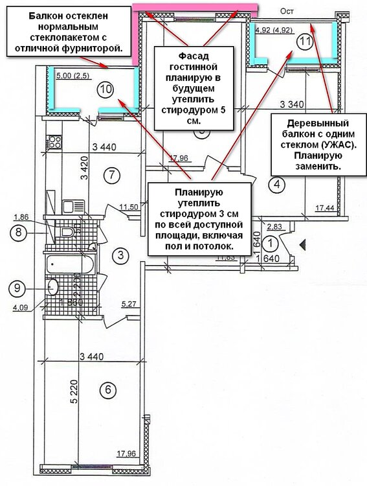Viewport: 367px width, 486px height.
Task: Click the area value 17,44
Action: click(x=326, y=208)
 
